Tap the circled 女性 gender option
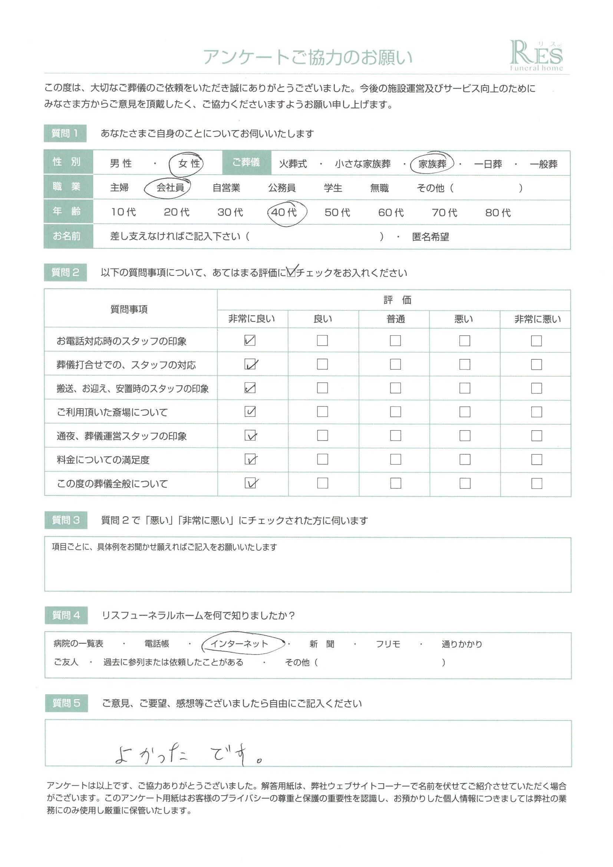[x=189, y=164]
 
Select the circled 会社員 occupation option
[x=170, y=188]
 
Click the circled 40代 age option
[x=284, y=212]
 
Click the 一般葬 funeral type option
[x=544, y=164]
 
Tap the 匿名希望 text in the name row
[x=431, y=237]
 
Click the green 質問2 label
[x=65, y=273]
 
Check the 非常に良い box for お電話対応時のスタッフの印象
[x=250, y=340]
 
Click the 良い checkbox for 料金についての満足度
[x=322, y=459]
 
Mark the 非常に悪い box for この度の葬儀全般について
[x=536, y=483]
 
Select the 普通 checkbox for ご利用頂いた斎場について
[x=395, y=412]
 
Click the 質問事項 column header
[x=129, y=310]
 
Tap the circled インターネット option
[x=239, y=644]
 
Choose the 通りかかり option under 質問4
[x=462, y=644]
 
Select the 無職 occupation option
[x=379, y=188]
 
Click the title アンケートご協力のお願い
[x=308, y=57]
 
